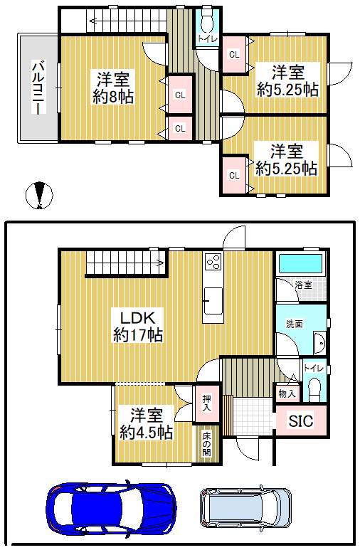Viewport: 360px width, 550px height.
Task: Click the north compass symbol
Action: (x=39, y=195)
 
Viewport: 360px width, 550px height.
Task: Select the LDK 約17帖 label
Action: (x=137, y=326)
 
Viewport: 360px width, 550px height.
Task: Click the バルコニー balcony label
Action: (x=39, y=88)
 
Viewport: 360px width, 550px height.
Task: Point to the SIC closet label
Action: (x=301, y=421)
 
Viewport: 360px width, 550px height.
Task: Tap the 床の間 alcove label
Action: (x=206, y=444)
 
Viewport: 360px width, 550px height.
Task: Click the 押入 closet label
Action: (x=207, y=403)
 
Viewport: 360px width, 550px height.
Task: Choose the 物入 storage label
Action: (x=287, y=393)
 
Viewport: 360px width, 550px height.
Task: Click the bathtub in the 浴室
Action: (x=300, y=264)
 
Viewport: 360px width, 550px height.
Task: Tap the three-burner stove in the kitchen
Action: (x=213, y=261)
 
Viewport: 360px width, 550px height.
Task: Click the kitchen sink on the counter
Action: (x=213, y=300)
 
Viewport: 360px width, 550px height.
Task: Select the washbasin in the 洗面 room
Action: (x=320, y=342)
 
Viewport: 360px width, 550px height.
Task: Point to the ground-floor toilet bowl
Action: (x=314, y=388)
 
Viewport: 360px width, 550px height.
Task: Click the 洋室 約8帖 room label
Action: (x=113, y=88)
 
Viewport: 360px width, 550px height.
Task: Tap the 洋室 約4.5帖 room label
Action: (x=146, y=424)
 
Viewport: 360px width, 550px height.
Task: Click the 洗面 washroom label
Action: (x=294, y=324)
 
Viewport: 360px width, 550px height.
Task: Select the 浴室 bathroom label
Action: (x=303, y=285)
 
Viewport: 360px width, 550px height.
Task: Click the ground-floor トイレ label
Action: (x=314, y=368)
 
